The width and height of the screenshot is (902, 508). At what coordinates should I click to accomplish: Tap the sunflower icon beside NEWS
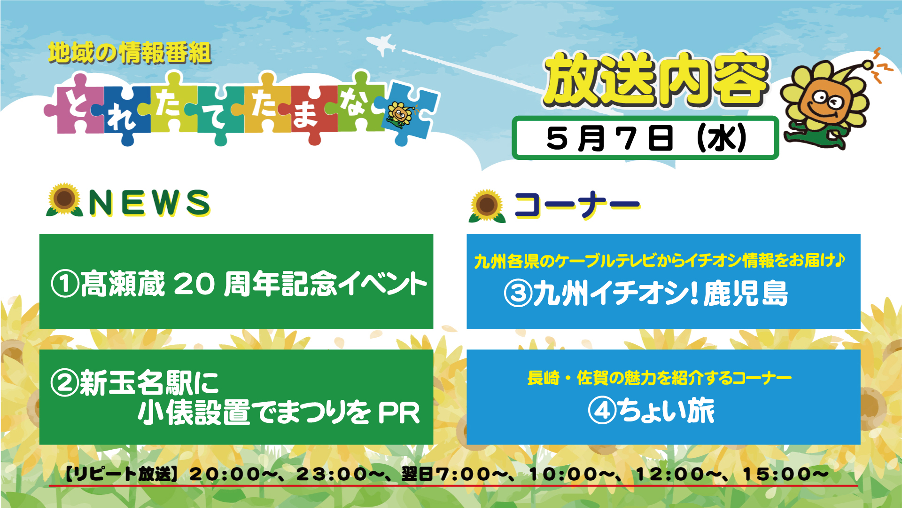64,200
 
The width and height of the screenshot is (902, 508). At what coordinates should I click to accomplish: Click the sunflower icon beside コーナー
487,206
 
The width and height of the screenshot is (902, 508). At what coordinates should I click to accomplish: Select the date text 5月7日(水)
646,138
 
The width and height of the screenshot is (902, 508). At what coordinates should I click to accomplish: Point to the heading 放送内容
656,80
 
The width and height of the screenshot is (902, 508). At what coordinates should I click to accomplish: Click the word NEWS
149,203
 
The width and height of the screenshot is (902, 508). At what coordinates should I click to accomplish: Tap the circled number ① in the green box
65,284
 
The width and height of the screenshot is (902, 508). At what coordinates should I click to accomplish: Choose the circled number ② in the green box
65,382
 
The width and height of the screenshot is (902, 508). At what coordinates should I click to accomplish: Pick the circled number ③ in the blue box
518,293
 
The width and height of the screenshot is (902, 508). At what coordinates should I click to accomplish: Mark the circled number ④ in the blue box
602,411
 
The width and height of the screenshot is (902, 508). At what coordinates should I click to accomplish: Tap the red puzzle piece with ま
308,113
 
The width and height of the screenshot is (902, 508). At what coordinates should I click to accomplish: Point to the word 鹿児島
745,293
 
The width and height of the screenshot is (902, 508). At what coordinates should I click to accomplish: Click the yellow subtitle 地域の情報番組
130,53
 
